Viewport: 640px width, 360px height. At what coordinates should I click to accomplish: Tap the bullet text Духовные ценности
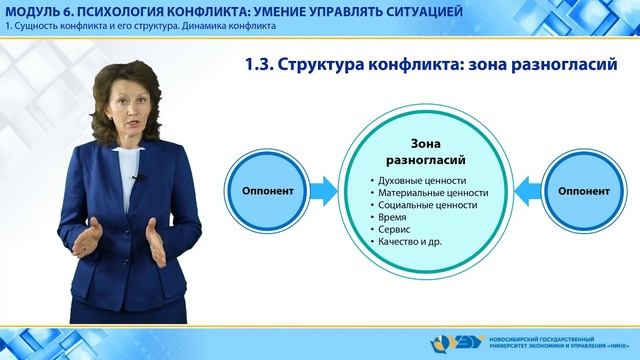tap(418, 180)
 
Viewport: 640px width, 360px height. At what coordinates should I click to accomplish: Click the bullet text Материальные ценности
tap(426, 192)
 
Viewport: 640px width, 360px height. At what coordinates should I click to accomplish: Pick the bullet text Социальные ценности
tap(423, 205)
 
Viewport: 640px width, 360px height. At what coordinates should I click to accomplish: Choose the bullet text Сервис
tap(392, 229)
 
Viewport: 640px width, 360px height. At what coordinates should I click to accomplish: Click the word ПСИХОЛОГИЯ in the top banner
tap(129, 10)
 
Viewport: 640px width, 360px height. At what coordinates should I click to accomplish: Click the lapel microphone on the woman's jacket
tap(139, 179)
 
